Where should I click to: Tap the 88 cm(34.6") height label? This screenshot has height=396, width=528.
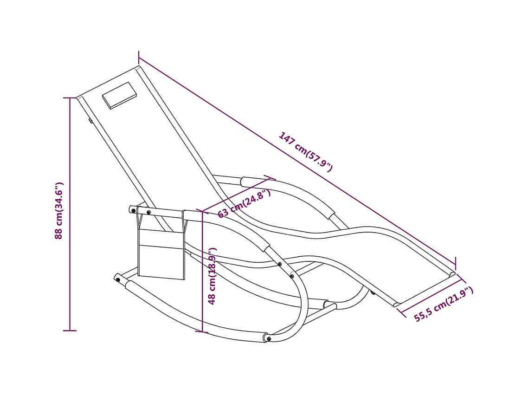59,210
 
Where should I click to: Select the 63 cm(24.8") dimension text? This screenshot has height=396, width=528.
244,204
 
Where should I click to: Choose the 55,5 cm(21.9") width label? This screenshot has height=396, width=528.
444,304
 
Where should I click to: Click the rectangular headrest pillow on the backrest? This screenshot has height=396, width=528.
119,95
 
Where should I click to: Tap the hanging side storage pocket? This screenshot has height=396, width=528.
161,253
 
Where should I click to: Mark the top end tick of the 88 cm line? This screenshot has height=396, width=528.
70,98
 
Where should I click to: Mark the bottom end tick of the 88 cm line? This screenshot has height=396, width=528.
70,331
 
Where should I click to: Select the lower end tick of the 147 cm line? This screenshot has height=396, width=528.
455,264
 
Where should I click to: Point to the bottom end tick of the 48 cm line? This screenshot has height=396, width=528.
202,331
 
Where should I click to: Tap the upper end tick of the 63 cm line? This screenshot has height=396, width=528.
270,177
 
